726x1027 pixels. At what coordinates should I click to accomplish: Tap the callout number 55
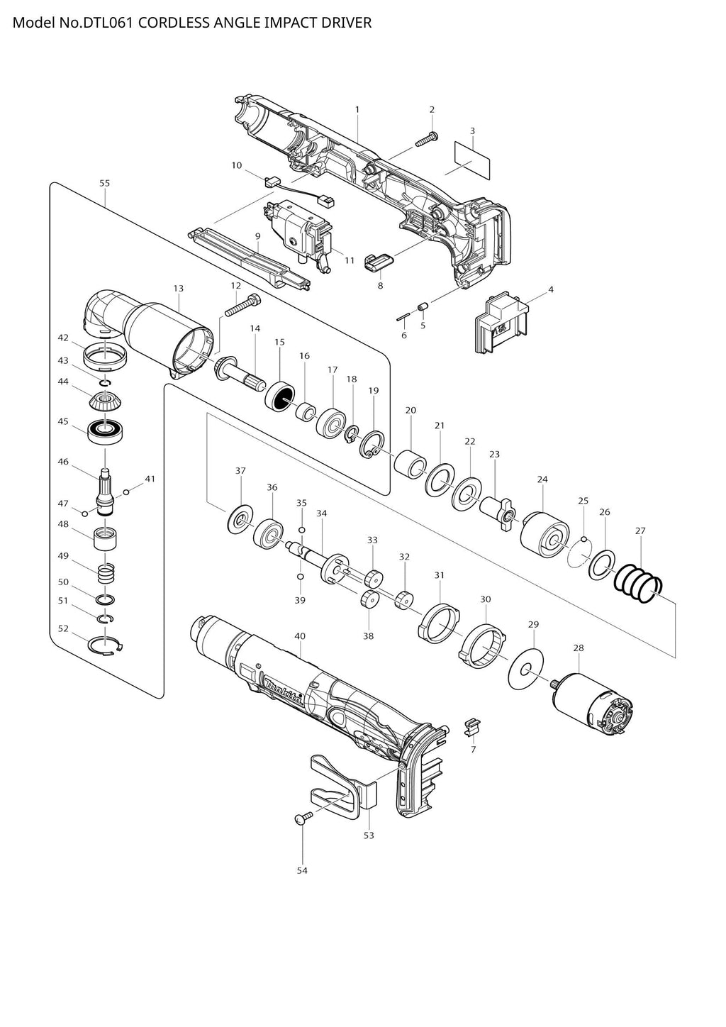pyautogui.click(x=104, y=183)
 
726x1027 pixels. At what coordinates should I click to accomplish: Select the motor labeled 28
pyautogui.click(x=589, y=704)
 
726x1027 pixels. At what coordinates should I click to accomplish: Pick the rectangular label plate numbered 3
pyautogui.click(x=472, y=160)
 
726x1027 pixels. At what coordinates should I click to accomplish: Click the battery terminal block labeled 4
pyautogui.click(x=501, y=323)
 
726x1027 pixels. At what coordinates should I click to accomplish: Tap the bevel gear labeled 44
pyautogui.click(x=104, y=402)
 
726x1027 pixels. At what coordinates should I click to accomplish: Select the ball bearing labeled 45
pyautogui.click(x=105, y=431)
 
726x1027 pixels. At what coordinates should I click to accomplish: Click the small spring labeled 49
pyautogui.click(x=106, y=574)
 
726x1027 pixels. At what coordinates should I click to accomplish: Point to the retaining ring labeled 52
pyautogui.click(x=105, y=645)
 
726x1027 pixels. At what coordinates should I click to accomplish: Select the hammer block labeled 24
pyautogui.click(x=544, y=535)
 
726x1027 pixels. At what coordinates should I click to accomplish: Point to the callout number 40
pyautogui.click(x=300, y=636)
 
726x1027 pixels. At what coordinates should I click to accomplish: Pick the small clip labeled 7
pyautogui.click(x=473, y=727)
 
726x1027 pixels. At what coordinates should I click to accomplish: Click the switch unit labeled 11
pyautogui.click(x=298, y=235)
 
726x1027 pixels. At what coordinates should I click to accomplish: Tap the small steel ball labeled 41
pyautogui.click(x=126, y=492)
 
